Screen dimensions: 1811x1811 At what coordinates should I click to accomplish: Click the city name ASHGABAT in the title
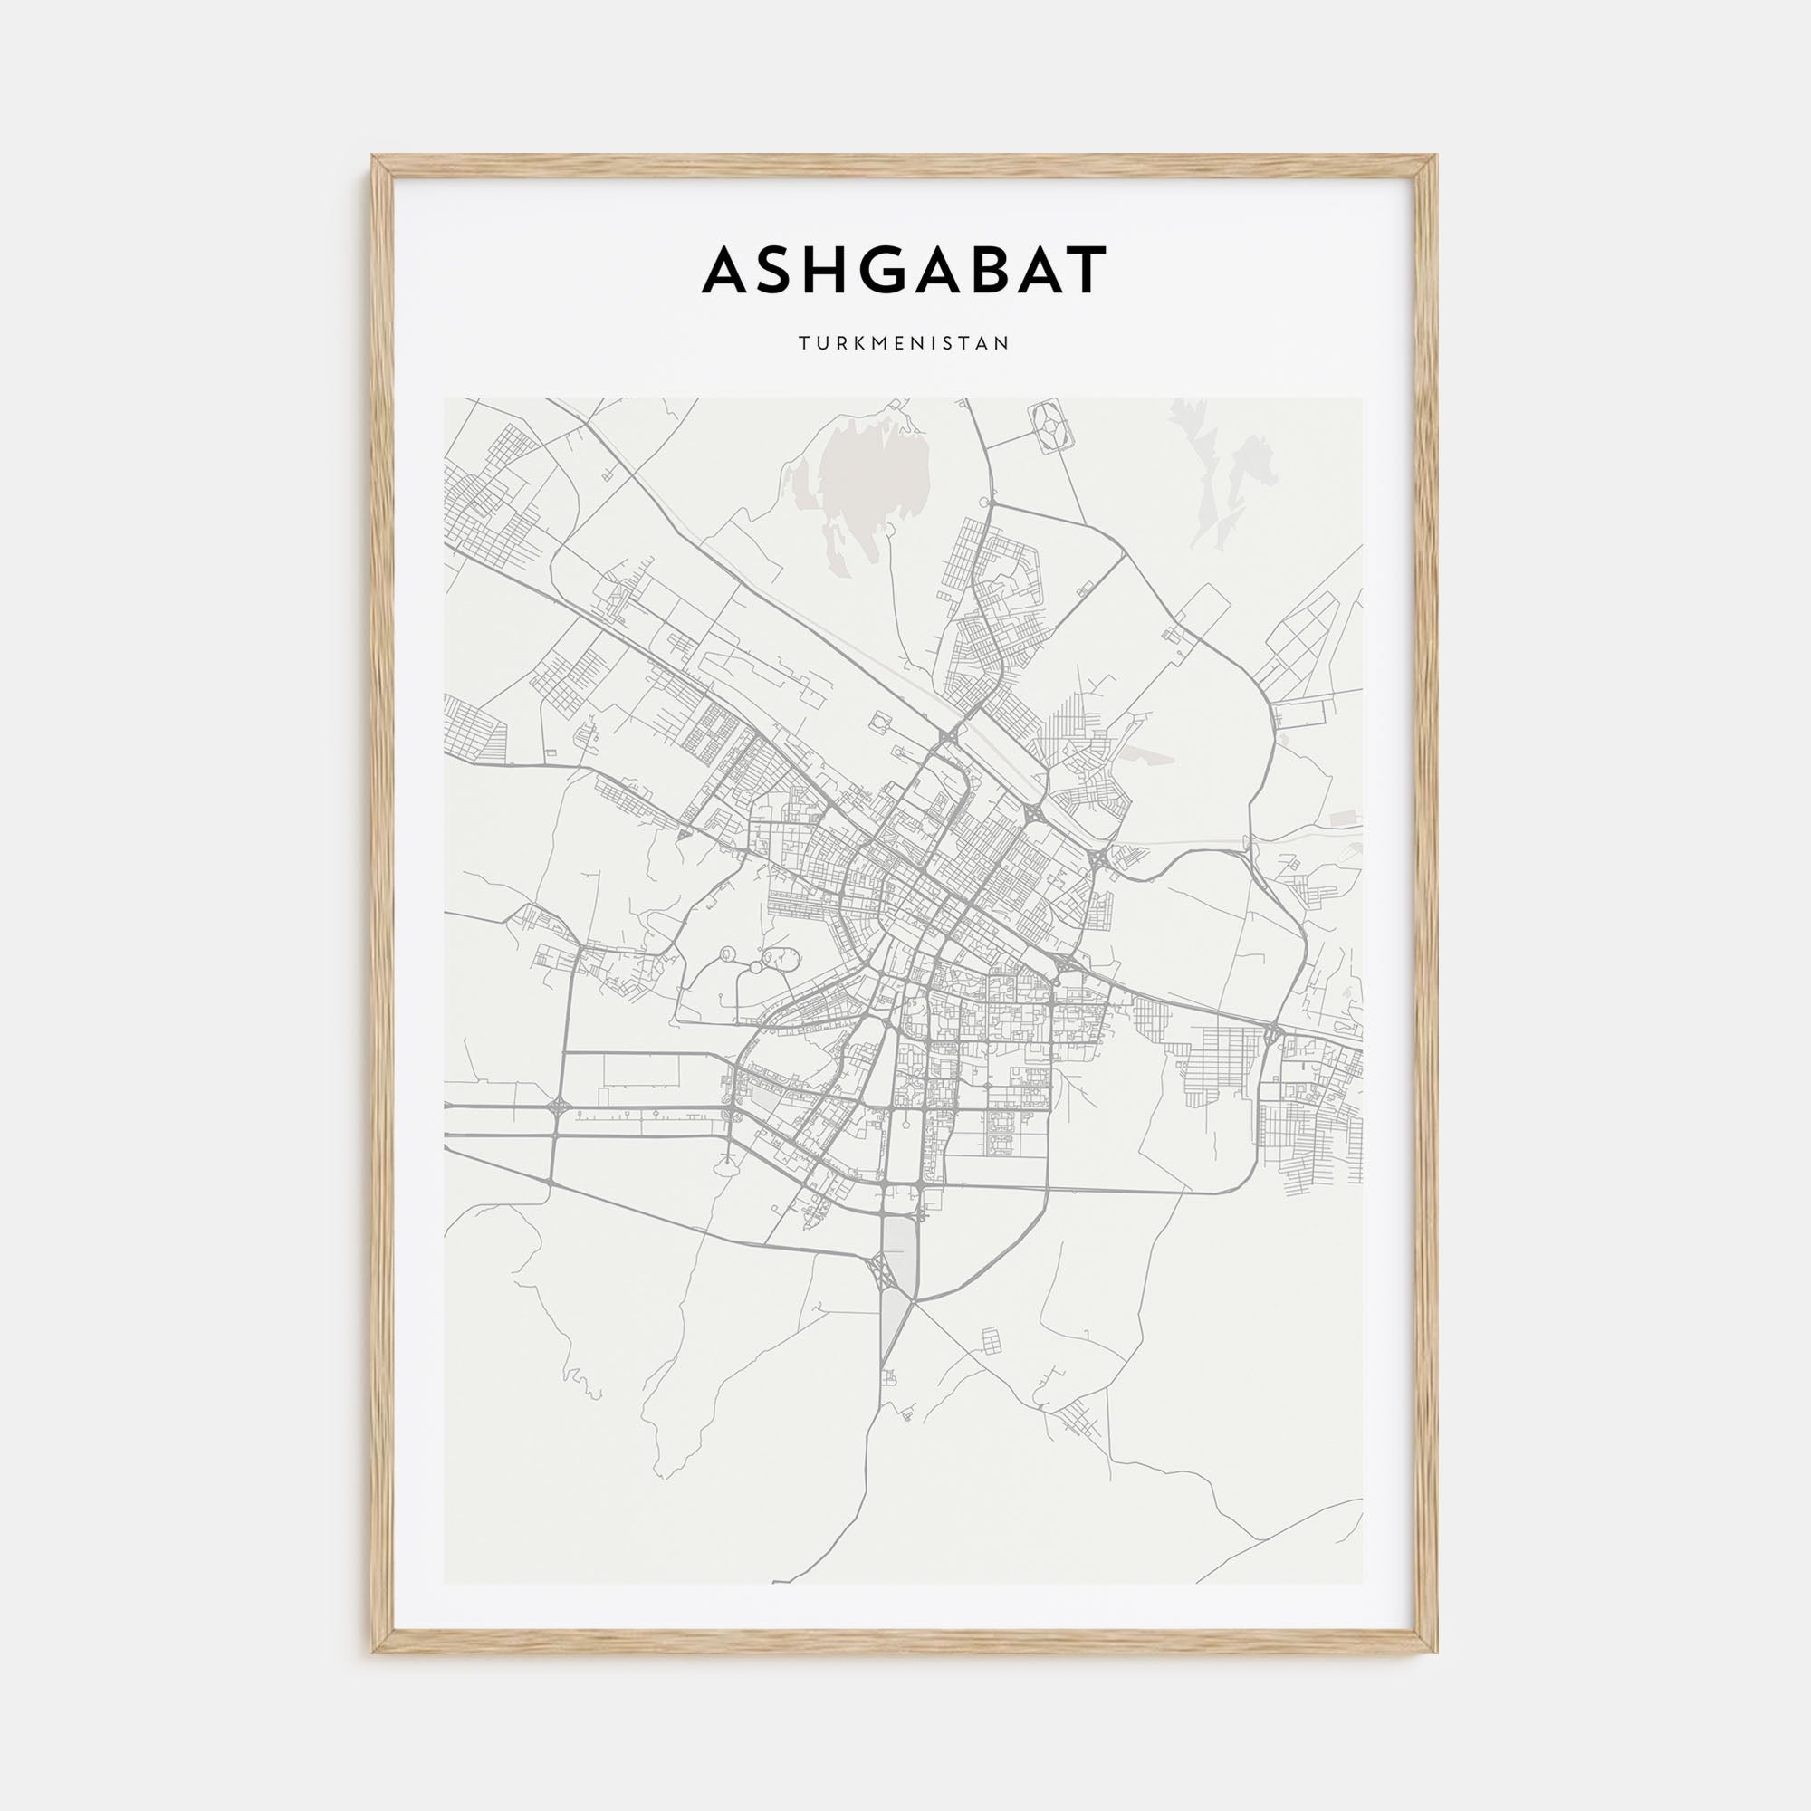click(x=905, y=270)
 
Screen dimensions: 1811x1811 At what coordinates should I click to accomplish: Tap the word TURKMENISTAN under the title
click(x=905, y=343)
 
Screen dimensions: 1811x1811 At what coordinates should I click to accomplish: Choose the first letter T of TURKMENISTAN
click(x=803, y=343)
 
